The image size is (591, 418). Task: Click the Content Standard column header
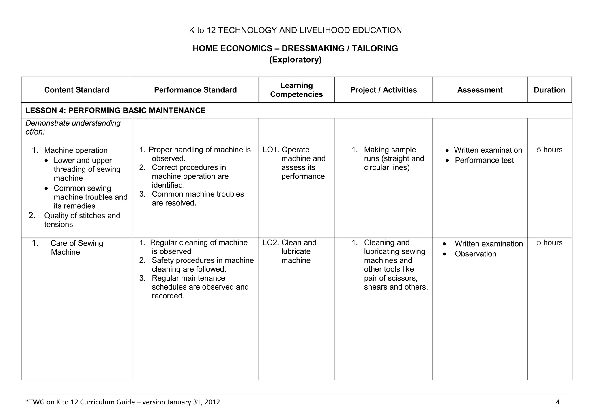[76, 90]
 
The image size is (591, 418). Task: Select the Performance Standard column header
[195, 90]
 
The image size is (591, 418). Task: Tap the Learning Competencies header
[296, 90]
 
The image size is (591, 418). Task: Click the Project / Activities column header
[383, 90]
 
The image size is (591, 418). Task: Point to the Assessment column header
[480, 90]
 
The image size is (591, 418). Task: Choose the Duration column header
[549, 90]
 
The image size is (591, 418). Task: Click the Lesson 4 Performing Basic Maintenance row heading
[115, 110]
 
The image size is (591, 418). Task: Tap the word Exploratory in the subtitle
[295, 60]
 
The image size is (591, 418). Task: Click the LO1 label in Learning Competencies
[271, 150]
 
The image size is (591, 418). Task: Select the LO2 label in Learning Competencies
[271, 242]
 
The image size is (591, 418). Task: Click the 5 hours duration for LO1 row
[549, 150]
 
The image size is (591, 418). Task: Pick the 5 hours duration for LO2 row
[549, 242]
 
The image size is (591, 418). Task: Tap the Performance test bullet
[484, 160]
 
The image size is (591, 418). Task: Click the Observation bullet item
[475, 254]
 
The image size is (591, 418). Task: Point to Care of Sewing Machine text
[76, 247]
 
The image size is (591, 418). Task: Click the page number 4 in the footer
[558, 402]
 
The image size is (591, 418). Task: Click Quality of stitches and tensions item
[82, 220]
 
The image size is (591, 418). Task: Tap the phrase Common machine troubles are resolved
[198, 198]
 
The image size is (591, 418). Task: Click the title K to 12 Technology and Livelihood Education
[295, 30]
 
